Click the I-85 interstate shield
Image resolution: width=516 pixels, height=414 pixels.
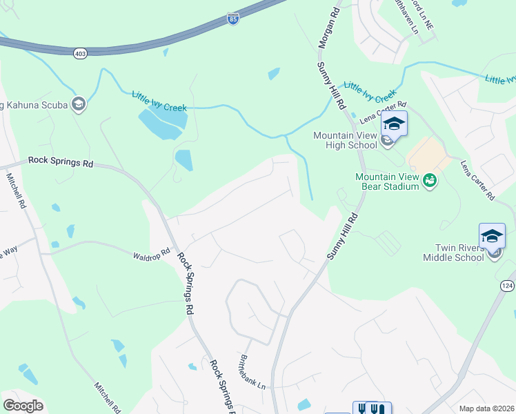point(234,19)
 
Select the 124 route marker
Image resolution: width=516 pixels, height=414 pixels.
point(507,285)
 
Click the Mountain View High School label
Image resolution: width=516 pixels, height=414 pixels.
point(346,140)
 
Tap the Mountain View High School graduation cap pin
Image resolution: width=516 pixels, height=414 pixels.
point(393,124)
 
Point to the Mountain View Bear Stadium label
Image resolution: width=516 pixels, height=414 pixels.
point(387,181)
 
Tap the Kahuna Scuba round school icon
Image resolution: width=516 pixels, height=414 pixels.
point(79,104)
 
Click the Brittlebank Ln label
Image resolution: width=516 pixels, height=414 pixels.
point(252,374)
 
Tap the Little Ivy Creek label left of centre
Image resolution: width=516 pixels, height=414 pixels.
point(159,103)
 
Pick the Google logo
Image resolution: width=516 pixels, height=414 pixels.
point(23,406)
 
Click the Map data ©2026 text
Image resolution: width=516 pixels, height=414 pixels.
point(486,408)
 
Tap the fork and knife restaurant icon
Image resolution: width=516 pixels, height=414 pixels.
point(372,408)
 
